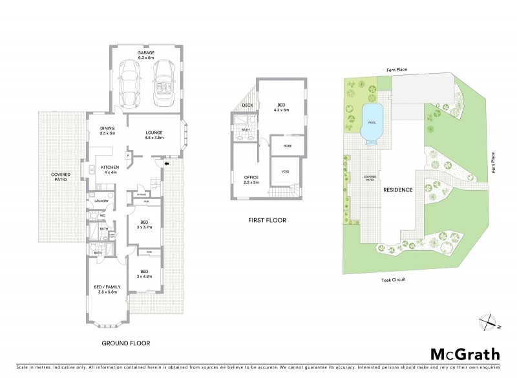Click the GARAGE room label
click(146, 56)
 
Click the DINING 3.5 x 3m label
click(107, 131)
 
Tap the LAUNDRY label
click(101, 200)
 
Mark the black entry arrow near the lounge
click(167, 164)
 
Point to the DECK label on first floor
click(248, 105)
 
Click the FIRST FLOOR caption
click(267, 221)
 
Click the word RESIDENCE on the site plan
click(398, 190)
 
